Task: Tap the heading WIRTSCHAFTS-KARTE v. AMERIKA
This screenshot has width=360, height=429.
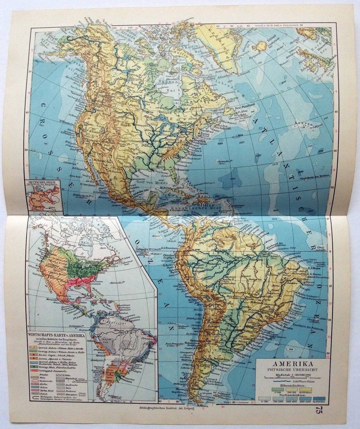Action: [x=57, y=335]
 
